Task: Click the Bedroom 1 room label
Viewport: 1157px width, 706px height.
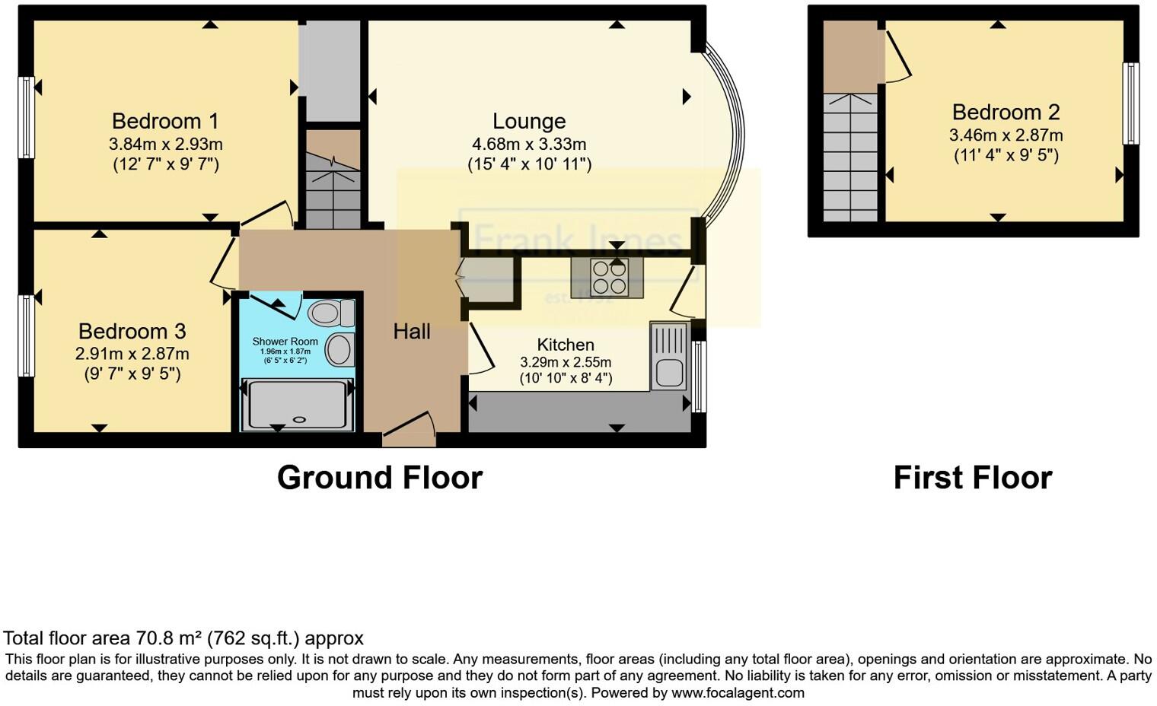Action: click(165, 121)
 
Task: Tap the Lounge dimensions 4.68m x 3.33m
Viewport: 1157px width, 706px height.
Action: click(529, 144)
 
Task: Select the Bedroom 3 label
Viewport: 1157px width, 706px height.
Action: click(132, 331)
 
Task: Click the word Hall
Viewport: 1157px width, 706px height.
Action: click(412, 331)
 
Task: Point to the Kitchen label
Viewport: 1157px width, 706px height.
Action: click(566, 345)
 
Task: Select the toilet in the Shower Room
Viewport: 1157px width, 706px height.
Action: click(332, 312)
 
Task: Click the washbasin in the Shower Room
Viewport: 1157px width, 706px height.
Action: click(339, 350)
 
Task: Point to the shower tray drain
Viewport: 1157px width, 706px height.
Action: click(298, 418)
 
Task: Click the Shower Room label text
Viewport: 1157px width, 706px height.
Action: click(285, 342)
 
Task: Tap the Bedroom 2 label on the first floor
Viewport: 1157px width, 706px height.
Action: click(1006, 112)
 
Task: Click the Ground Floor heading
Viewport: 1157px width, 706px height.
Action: click(379, 478)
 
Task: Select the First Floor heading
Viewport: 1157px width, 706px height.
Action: click(972, 478)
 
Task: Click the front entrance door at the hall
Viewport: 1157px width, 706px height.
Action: click(409, 431)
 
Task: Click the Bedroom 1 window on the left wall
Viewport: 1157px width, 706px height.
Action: click(26, 117)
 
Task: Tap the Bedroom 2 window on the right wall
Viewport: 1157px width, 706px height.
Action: click(1131, 103)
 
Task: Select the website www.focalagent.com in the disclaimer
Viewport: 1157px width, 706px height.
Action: click(738, 693)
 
